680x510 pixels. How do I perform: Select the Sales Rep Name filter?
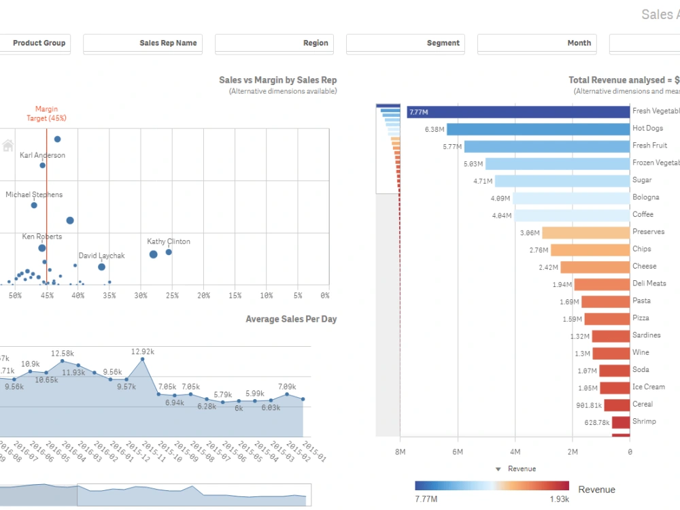pos(142,44)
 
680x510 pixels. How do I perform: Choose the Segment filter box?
pos(405,44)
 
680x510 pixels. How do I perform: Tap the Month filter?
pos(537,44)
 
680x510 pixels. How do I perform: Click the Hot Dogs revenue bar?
pos(538,129)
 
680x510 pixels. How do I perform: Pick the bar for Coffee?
pos(572,215)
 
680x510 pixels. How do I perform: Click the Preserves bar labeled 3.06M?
pos(585,233)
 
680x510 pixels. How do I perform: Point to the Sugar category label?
pos(642,180)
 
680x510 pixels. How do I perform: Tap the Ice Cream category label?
pos(648,387)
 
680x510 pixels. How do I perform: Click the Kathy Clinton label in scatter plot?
pos(169,241)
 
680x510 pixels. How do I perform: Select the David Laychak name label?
pos(101,256)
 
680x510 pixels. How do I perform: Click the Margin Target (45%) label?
pos(47,114)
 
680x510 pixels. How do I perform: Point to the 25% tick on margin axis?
pos(171,296)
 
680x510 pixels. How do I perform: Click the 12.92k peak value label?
pos(143,352)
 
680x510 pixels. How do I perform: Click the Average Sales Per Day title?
pos(290,320)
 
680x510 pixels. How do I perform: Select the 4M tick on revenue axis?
pos(515,452)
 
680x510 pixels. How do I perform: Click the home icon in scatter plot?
pos(8,145)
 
